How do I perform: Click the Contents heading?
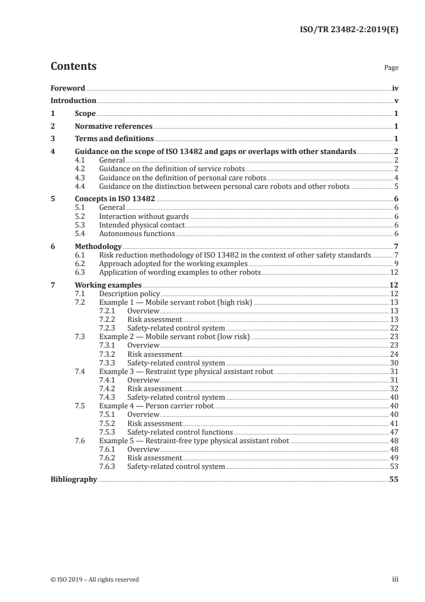pos(73,67)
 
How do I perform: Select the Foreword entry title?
pos(68,87)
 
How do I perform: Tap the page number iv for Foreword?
pos(395,87)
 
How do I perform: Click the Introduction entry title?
pos(73,100)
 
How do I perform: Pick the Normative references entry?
pos(114,127)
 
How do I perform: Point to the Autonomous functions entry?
pos(137,233)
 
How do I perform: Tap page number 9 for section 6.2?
pos(396,264)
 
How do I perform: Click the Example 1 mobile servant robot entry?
pos(176,303)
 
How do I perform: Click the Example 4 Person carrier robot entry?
pos(156,406)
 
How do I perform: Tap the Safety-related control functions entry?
pos(180,432)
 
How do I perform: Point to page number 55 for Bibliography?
pos(394,479)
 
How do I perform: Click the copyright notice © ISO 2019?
pos(94,579)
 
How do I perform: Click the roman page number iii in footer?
pos(395,579)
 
